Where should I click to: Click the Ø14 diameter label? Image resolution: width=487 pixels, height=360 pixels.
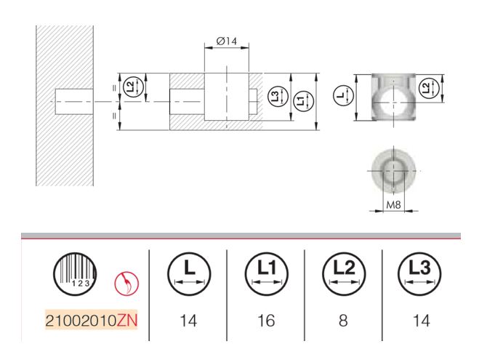228,42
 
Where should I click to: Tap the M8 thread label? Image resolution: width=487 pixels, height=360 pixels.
393,204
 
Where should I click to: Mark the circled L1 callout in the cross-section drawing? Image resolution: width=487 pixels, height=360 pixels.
300,101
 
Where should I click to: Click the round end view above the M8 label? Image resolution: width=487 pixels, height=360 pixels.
393,169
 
